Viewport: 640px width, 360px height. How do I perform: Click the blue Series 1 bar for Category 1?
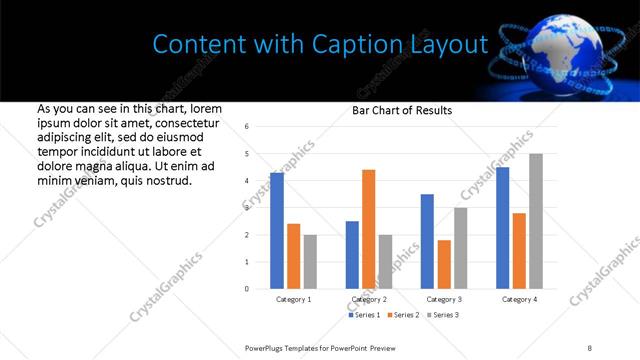[x=277, y=231]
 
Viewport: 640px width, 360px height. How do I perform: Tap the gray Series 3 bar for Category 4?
[x=536, y=221]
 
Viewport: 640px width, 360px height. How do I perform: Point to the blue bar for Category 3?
[x=427, y=241]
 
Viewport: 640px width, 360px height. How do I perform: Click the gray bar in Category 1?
[x=310, y=262]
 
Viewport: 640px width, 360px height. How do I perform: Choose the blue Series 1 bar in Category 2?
[x=352, y=255]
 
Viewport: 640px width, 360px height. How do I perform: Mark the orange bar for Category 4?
[x=519, y=251]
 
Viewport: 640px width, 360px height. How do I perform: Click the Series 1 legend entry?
[x=364, y=315]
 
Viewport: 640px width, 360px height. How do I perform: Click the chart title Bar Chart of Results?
[x=402, y=110]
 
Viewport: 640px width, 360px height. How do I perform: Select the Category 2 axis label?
[x=369, y=299]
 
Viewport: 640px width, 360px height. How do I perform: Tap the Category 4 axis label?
[x=519, y=299]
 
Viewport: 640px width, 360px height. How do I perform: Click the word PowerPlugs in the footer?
[x=266, y=346]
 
